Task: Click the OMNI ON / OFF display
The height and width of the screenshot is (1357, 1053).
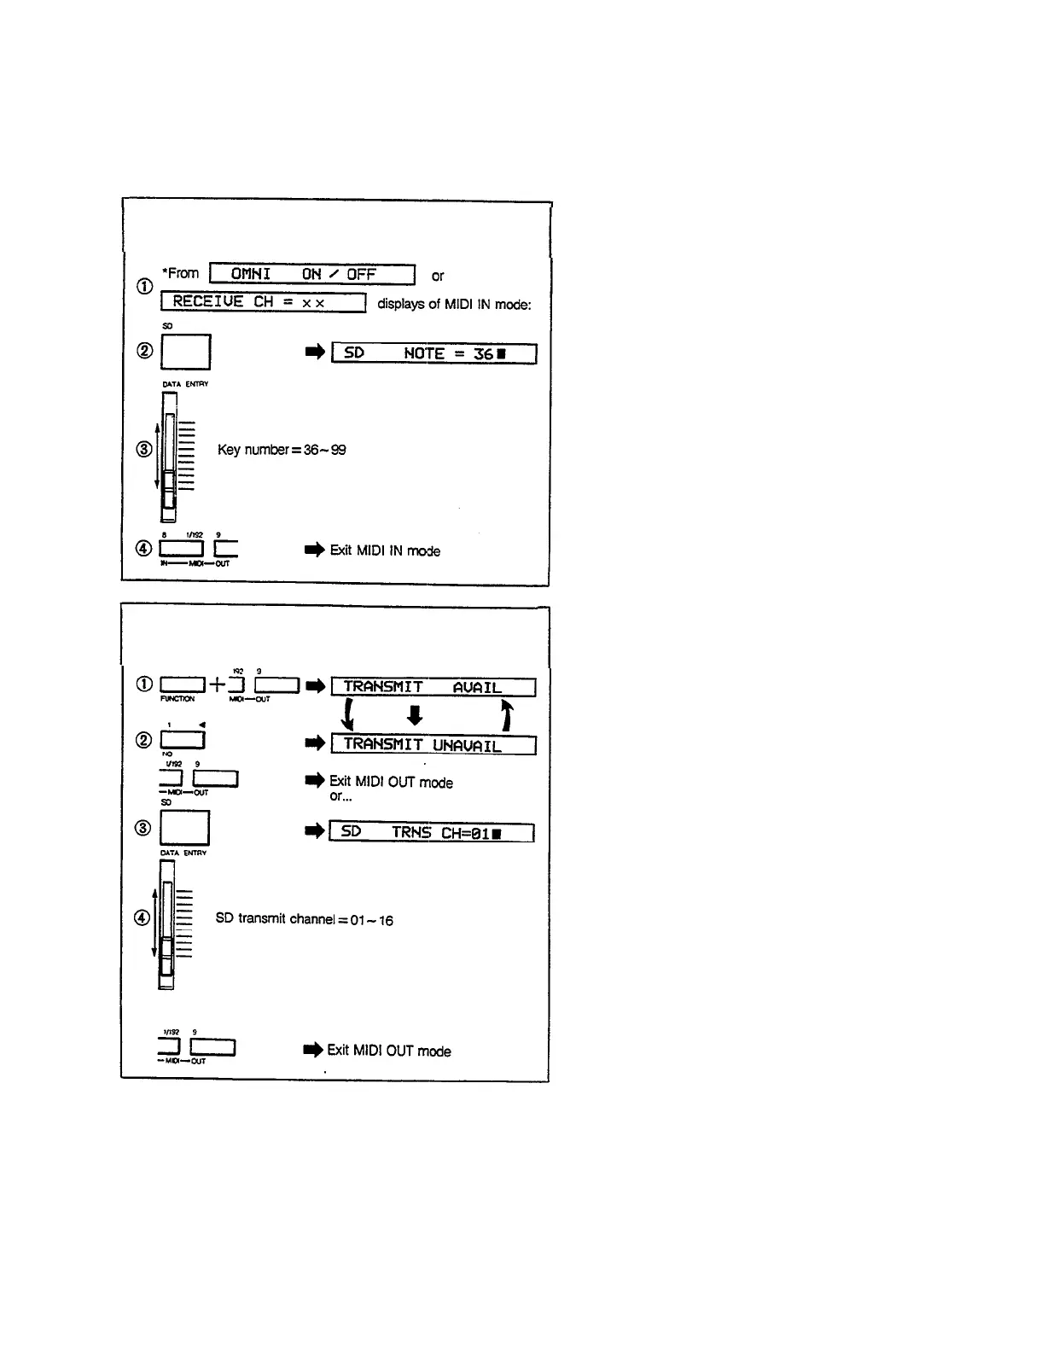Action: pos(311,274)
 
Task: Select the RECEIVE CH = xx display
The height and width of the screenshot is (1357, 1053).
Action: pos(263,302)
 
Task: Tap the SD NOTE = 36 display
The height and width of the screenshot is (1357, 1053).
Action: pos(433,353)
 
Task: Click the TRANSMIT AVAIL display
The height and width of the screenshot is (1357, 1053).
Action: pos(433,687)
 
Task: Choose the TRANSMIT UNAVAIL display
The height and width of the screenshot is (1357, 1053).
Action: pos(433,745)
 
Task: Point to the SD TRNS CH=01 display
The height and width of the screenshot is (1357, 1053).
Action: pos(431,832)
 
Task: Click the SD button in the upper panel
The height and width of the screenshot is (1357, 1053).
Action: pos(185,352)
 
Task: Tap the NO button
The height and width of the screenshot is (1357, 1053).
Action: pos(182,739)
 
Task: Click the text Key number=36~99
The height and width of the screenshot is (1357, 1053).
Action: pos(282,450)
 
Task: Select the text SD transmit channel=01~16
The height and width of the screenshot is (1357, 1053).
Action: pos(304,919)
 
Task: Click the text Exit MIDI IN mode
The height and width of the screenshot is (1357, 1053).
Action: pos(385,550)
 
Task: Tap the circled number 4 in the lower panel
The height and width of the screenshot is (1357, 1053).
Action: pos(143,918)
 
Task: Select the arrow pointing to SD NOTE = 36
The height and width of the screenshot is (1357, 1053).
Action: pos(315,352)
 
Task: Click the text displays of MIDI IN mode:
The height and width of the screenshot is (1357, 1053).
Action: pos(454,304)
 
